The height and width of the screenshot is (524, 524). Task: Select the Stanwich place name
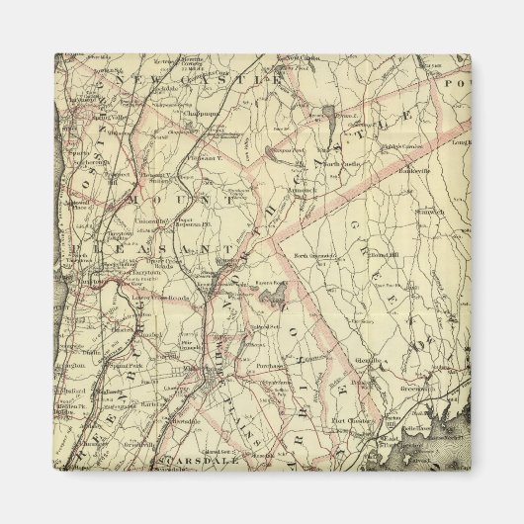click(401, 211)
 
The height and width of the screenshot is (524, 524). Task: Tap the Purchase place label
click(265, 365)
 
